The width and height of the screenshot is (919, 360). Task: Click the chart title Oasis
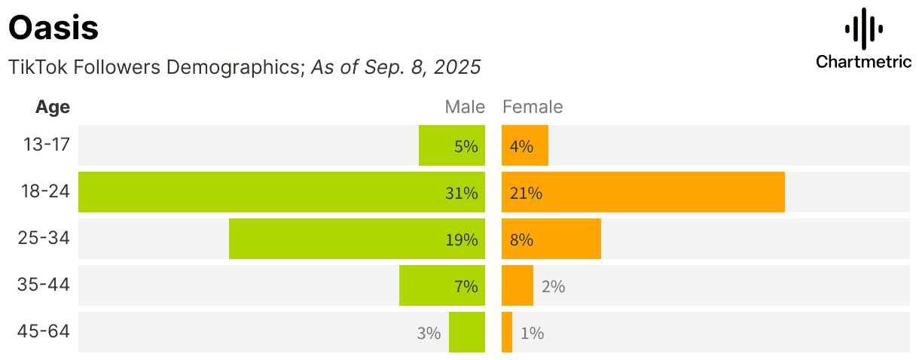[x=53, y=29]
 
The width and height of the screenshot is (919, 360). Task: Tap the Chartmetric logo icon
[x=863, y=29]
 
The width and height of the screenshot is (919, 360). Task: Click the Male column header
[x=465, y=107]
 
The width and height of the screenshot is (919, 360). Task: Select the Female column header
[x=533, y=107]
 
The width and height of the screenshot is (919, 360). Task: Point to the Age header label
[x=53, y=107]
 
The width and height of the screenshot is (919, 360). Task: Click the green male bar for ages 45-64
[x=467, y=332]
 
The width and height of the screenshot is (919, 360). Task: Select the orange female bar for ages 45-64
[x=507, y=332]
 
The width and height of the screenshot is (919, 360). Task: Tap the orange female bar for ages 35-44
[x=518, y=285]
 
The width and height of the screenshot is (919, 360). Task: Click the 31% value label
[x=461, y=193]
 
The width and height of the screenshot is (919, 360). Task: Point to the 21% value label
[x=526, y=193]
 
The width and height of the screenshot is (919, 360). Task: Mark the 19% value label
[x=461, y=239]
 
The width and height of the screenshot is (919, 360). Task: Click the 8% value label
[x=521, y=239]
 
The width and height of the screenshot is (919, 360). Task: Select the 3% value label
[x=429, y=333]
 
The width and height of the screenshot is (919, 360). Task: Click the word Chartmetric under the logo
[x=863, y=62]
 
